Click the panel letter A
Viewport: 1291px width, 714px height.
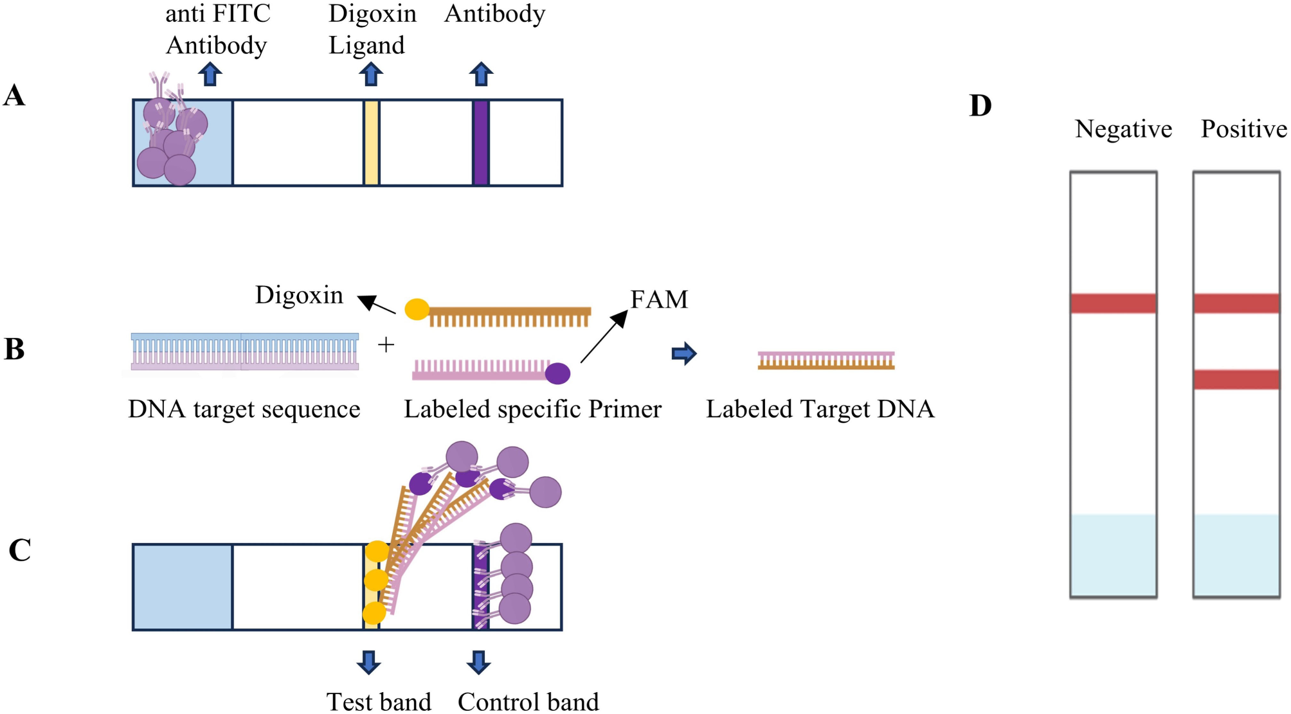pyautogui.click(x=14, y=96)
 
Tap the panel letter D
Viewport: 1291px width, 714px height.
pyautogui.click(x=980, y=106)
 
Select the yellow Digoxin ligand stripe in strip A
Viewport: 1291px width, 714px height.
pyautogui.click(x=371, y=143)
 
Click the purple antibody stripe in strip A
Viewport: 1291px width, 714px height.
pyautogui.click(x=480, y=143)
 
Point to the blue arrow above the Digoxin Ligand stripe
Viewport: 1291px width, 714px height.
pyautogui.click(x=370, y=75)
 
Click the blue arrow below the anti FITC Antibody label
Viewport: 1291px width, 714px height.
pyautogui.click(x=210, y=75)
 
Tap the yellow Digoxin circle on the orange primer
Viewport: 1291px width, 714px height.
pyautogui.click(x=417, y=309)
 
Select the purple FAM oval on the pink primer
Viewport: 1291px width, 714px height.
pyautogui.click(x=557, y=373)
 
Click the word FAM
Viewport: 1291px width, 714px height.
pyautogui.click(x=659, y=299)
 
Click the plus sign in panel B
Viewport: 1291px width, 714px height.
pyautogui.click(x=386, y=345)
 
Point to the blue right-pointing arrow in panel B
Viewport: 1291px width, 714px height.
pyautogui.click(x=683, y=353)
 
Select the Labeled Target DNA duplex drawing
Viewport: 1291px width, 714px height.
pyautogui.click(x=826, y=361)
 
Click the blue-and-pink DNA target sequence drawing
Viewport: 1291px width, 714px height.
pyautogui.click(x=244, y=352)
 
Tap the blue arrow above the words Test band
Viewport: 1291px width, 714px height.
pyautogui.click(x=368, y=662)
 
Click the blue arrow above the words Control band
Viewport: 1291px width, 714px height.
pyautogui.click(x=478, y=662)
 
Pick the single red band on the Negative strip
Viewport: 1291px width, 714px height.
pyautogui.click(x=1113, y=303)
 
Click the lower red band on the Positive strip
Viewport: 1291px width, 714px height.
pyautogui.click(x=1236, y=379)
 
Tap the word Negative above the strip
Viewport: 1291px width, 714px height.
pyautogui.click(x=1123, y=129)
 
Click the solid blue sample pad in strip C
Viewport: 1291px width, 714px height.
pyautogui.click(x=183, y=587)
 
